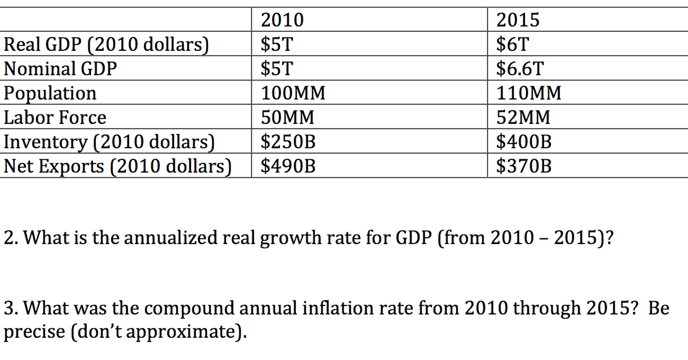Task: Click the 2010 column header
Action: click(282, 20)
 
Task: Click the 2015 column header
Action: click(518, 20)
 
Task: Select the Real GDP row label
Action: click(106, 44)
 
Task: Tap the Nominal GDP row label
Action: click(61, 69)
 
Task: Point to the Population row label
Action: click(50, 93)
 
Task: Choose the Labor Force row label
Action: click(55, 117)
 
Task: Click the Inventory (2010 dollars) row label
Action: click(109, 142)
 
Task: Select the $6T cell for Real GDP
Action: click(512, 44)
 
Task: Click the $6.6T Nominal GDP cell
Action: click(520, 69)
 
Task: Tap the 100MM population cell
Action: click(293, 93)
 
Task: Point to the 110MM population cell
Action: click(529, 93)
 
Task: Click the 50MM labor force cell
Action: click(288, 117)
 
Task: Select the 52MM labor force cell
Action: click(523, 117)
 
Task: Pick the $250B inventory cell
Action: click(288, 142)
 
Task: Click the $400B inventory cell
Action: click(524, 142)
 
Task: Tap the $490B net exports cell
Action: click(288, 166)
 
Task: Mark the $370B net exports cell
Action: click(524, 166)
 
